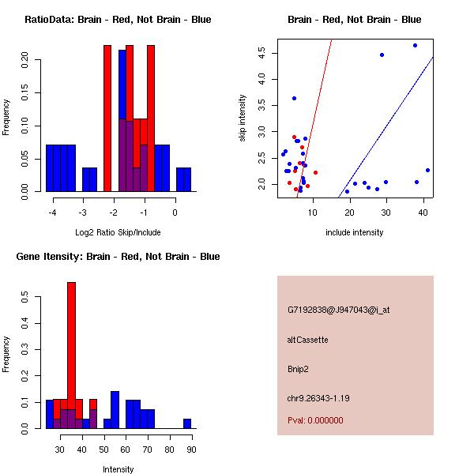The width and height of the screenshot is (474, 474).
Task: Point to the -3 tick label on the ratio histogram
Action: tap(82, 213)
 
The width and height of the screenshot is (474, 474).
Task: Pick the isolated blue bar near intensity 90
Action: tap(187, 423)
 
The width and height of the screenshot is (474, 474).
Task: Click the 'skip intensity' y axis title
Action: tap(243, 118)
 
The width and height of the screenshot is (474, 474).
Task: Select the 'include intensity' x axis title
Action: tap(355, 232)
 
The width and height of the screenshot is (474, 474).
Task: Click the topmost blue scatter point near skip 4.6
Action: tap(415, 45)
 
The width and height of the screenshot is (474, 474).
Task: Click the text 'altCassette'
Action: tap(308, 340)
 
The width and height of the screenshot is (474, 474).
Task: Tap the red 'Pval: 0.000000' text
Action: tap(315, 420)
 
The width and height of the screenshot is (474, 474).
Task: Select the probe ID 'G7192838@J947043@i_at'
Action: tap(338, 310)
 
